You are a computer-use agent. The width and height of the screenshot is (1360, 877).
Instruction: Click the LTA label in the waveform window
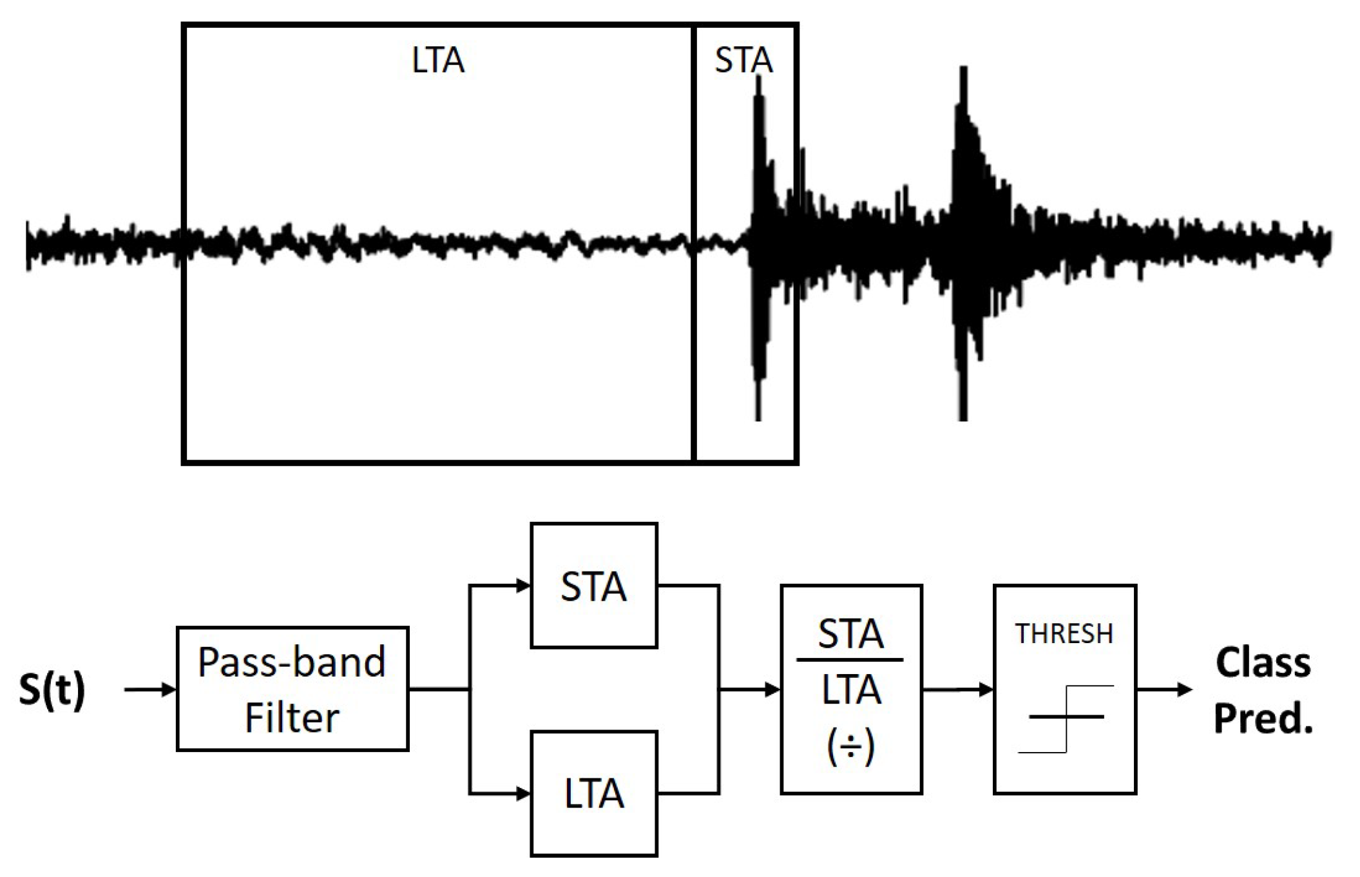[438, 61]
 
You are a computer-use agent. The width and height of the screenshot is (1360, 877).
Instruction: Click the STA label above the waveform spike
[743, 61]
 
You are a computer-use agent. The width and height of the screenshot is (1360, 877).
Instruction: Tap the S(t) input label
[52, 689]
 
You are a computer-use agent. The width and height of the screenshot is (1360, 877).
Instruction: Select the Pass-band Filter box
[292, 689]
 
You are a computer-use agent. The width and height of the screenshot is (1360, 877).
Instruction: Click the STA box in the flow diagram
[593, 586]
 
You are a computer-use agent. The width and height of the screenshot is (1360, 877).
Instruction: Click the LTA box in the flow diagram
[593, 793]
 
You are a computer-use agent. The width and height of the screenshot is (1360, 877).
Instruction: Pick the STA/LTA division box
[851, 689]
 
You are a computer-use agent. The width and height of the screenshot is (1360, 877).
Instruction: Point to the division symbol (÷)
[850, 747]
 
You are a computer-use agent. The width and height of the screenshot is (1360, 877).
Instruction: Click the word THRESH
[1064, 634]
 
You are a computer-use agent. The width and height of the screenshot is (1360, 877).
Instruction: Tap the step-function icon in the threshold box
[1066, 718]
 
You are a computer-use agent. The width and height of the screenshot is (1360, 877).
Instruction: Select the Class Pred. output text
[1263, 691]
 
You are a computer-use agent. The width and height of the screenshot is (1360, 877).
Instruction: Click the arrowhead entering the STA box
[523, 586]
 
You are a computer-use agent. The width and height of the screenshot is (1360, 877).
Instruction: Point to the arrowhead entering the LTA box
[523, 793]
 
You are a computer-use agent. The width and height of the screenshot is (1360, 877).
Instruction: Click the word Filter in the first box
[292, 718]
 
